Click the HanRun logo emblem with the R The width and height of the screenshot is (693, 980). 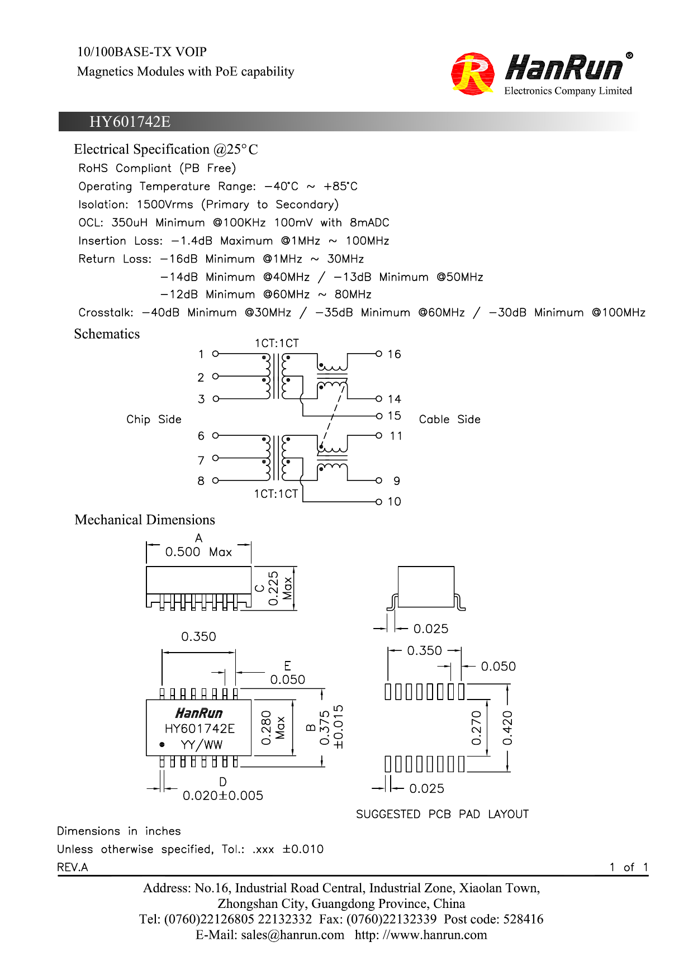coord(472,74)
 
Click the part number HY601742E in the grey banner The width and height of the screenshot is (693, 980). coord(130,122)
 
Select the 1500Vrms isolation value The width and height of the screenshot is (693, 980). coord(165,204)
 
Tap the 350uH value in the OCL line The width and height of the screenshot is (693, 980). coord(129,222)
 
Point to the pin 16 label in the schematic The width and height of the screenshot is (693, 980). coord(394,354)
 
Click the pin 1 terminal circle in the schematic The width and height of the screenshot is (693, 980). coord(216,354)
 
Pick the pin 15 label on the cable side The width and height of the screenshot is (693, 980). coord(394,416)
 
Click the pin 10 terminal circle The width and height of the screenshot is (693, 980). coord(379,502)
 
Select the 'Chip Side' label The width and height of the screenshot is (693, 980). coord(154,420)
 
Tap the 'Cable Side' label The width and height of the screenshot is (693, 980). coord(449,420)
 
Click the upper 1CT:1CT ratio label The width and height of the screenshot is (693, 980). coord(277,343)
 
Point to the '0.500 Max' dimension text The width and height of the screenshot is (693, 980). coord(198,552)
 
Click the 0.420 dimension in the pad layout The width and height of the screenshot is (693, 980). coord(507,728)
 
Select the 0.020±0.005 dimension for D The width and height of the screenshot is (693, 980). coord(222,796)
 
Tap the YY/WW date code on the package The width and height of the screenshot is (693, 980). coord(201,745)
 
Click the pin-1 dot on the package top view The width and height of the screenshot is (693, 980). coord(162,745)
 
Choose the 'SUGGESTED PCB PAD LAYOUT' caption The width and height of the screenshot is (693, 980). coord(442,814)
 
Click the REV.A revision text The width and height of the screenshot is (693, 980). coord(73,867)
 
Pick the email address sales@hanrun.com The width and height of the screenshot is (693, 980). coord(292,935)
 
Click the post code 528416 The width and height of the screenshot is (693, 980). coord(523,920)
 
